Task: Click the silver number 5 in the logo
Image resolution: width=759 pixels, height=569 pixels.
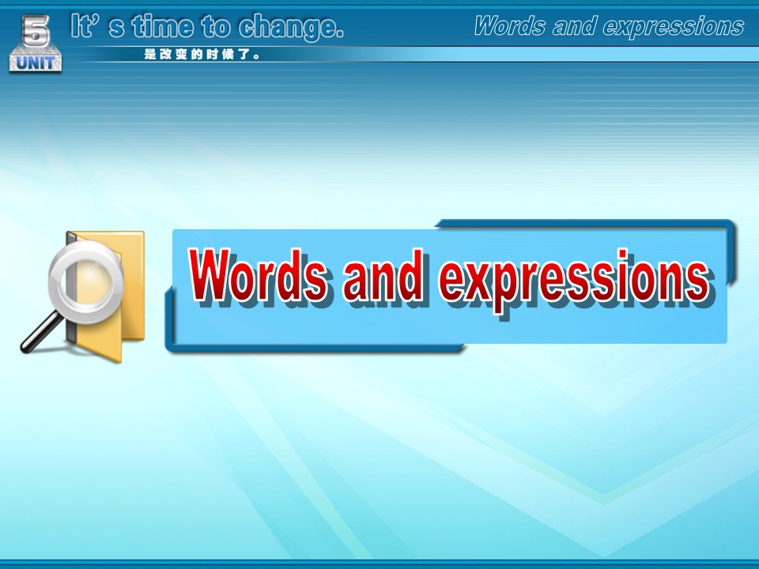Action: click(36, 31)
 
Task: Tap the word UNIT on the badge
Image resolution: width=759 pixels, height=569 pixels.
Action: click(36, 62)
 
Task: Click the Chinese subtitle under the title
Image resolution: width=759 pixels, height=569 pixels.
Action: click(202, 55)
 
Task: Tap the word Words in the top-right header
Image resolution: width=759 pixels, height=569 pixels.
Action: click(510, 25)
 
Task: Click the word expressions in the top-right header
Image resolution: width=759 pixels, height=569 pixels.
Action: click(674, 27)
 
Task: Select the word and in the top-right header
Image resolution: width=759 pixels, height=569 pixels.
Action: click(574, 25)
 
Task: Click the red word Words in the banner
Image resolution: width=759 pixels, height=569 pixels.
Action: click(258, 275)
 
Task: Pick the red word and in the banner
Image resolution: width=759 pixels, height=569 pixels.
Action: click(383, 275)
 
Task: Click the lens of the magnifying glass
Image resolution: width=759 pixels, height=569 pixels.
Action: click(86, 281)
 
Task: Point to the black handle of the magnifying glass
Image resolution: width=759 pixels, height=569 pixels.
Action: click(41, 332)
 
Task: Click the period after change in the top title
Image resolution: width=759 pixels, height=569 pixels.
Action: click(339, 35)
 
